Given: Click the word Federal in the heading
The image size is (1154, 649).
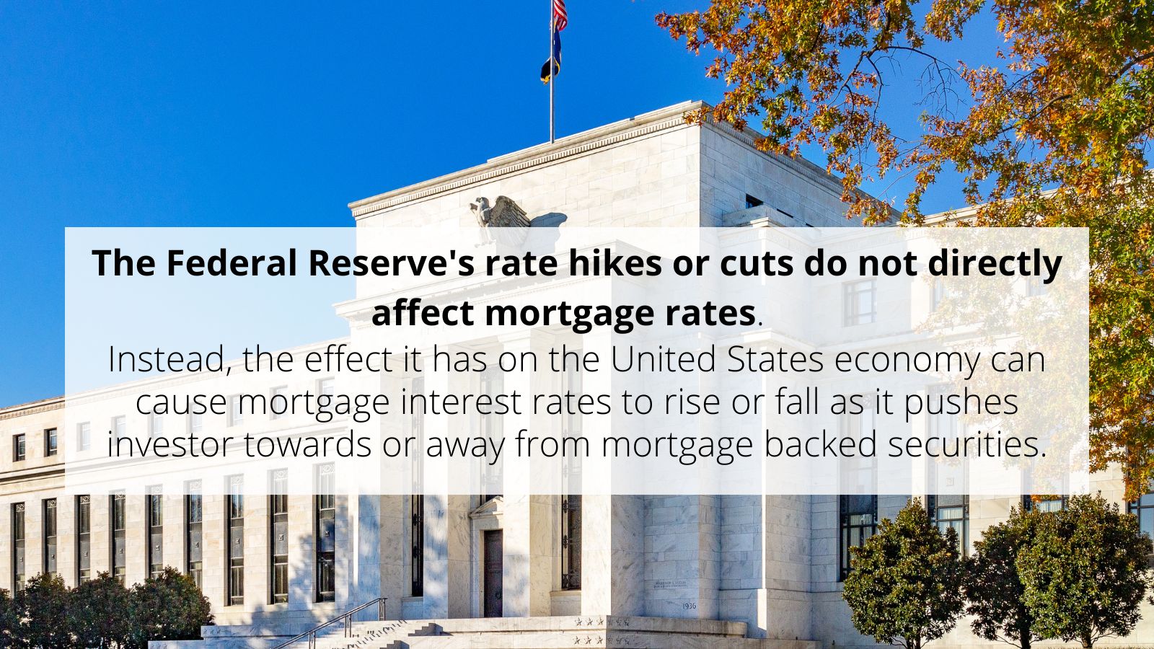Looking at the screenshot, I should click(232, 264).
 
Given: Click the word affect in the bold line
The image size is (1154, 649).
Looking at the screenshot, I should click(422, 313).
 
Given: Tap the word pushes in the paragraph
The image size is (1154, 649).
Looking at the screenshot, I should click(961, 402).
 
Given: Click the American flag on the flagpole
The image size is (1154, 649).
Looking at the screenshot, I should click(560, 14).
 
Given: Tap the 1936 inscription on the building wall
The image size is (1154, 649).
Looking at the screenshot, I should click(689, 606).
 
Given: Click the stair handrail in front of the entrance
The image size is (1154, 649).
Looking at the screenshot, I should click(339, 622).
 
